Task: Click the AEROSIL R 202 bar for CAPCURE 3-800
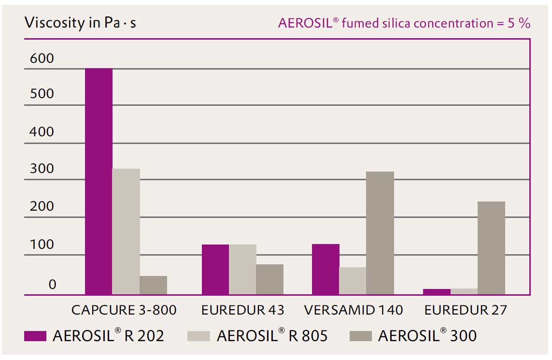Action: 99,181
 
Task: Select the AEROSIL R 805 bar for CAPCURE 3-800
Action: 126,231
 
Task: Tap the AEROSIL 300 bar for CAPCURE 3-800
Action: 153,285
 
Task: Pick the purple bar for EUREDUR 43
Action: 215,269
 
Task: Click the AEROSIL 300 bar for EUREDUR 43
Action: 269,279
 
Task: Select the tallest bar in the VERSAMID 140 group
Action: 380,233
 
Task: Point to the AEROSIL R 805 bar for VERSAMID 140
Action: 353,281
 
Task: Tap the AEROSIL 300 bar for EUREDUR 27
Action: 491,248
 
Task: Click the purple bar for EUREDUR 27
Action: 437,291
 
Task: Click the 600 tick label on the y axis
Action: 42,59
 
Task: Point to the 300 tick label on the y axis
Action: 42,169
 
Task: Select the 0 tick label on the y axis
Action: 52,285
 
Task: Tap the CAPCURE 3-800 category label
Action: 124,310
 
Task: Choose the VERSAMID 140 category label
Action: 354,310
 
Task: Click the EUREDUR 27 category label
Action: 466,310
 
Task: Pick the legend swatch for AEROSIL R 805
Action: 199,336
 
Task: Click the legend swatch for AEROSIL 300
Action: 360,336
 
